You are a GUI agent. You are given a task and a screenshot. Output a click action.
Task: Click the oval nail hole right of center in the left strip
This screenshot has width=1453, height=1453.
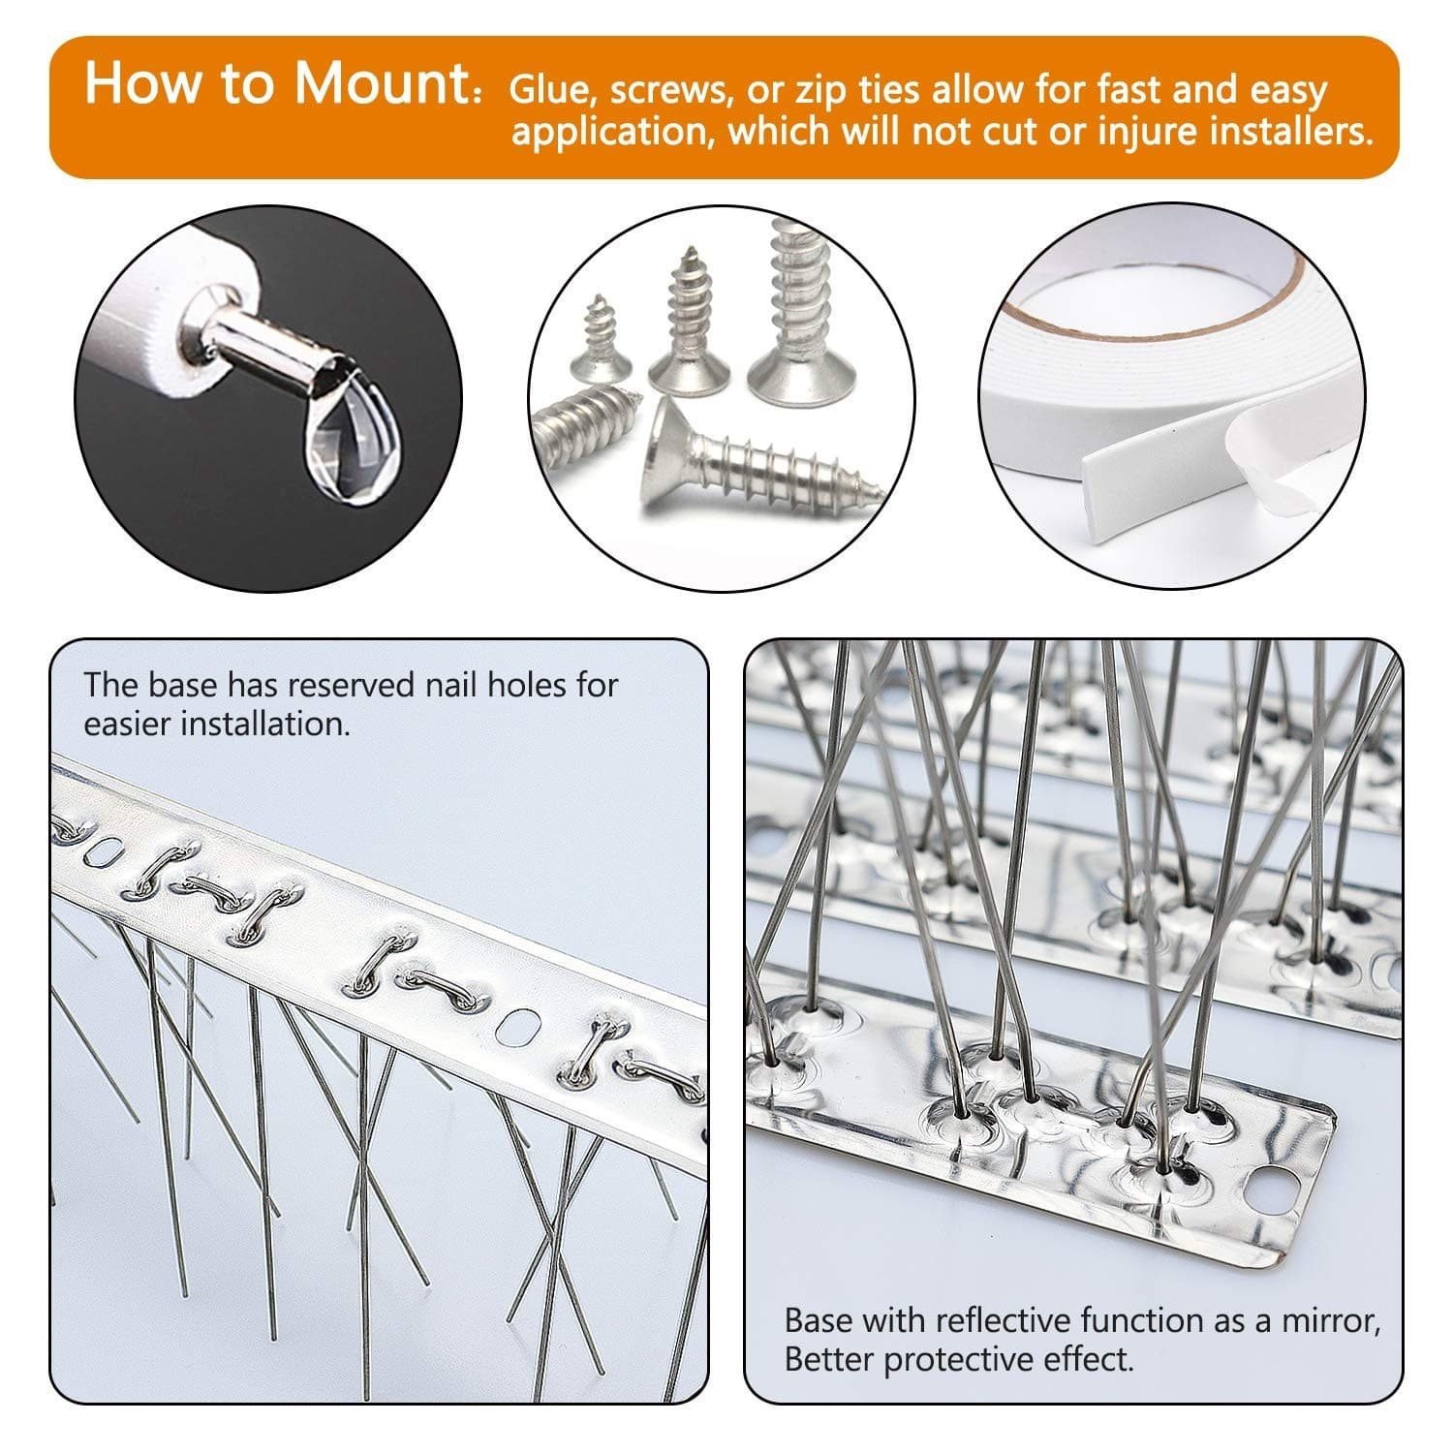pyautogui.click(x=521, y=1026)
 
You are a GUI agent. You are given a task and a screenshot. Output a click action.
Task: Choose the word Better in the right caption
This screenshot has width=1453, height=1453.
pyautogui.click(x=829, y=1359)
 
